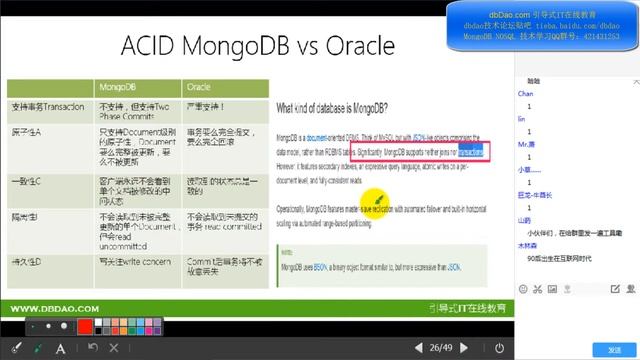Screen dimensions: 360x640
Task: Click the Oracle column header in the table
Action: coord(200,86)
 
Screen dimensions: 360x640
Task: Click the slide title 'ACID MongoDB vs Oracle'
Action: coord(257,46)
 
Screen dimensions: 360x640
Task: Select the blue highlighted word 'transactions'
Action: coord(471,151)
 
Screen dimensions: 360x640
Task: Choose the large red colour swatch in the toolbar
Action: coord(85,327)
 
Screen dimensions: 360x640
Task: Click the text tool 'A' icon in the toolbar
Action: coord(61,348)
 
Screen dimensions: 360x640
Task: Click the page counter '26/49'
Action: coord(440,348)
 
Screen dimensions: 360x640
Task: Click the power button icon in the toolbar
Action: coord(499,348)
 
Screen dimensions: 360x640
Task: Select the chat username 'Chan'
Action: coord(525,93)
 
